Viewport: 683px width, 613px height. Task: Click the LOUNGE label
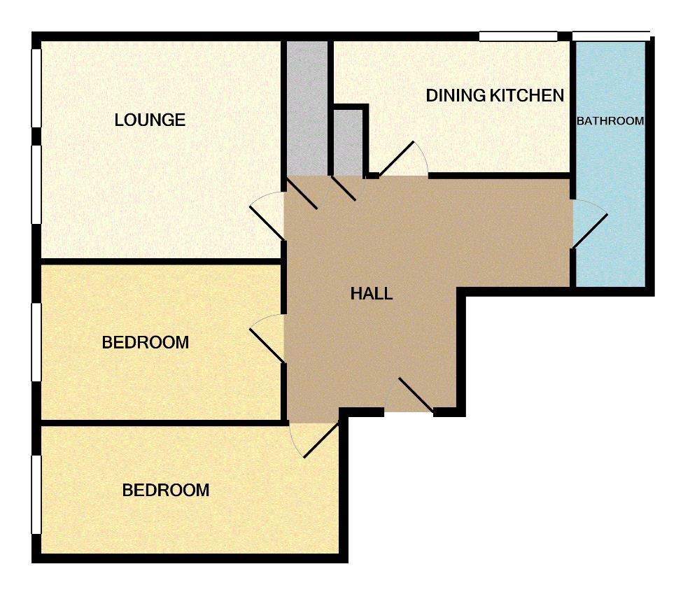click(x=150, y=120)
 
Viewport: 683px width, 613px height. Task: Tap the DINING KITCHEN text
click(x=495, y=95)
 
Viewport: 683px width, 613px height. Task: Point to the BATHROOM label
click(x=610, y=120)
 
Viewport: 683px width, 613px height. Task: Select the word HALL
click(x=372, y=294)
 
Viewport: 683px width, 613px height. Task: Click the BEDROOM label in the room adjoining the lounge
click(x=146, y=342)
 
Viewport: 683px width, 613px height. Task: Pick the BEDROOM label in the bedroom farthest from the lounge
click(x=166, y=490)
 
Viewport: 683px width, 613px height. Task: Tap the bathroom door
click(x=589, y=232)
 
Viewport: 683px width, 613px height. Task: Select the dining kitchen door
click(x=397, y=159)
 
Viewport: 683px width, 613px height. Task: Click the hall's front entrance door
click(x=416, y=395)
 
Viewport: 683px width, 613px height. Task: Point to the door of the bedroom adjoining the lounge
click(x=267, y=346)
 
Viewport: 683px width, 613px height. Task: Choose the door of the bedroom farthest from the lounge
click(x=321, y=440)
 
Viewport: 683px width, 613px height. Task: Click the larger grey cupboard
click(x=307, y=108)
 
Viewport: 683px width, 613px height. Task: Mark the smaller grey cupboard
click(x=348, y=143)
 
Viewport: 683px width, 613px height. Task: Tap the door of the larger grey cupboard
click(x=302, y=193)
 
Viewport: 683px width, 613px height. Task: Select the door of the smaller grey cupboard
click(x=344, y=188)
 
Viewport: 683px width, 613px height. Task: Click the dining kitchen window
click(x=519, y=36)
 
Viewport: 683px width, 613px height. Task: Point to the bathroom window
click(x=611, y=36)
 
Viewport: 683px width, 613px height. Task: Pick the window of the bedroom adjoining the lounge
click(x=36, y=342)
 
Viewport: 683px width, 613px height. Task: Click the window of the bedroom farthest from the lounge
click(x=36, y=495)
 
